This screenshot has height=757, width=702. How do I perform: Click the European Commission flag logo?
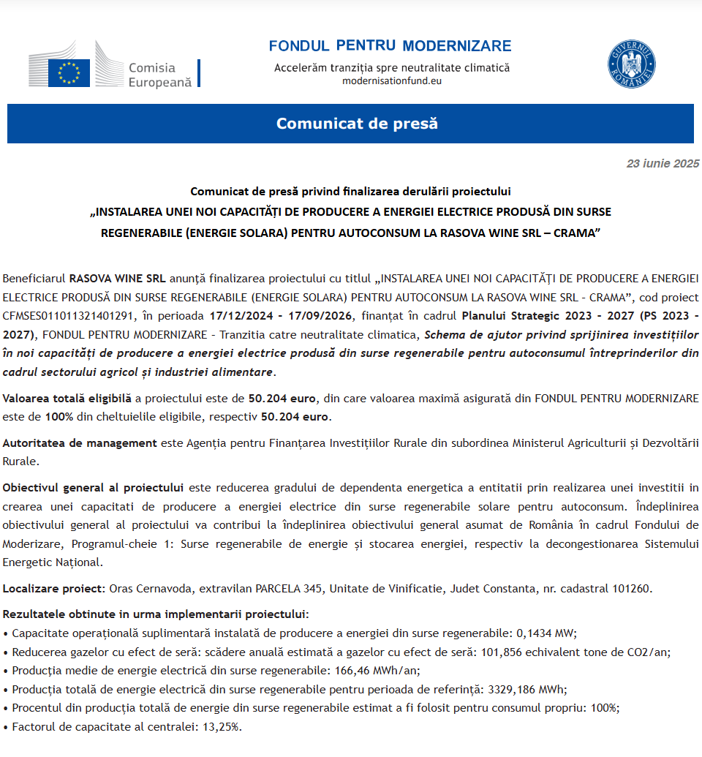click(x=69, y=72)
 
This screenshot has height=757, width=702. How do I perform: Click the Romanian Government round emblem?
click(x=632, y=64)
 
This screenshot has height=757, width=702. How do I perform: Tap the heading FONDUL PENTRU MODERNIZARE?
click(x=390, y=46)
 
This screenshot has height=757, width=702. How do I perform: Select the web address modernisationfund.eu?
click(x=392, y=80)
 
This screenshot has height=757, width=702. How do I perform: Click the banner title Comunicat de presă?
click(x=357, y=124)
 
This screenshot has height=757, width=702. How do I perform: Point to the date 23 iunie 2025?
click(x=663, y=164)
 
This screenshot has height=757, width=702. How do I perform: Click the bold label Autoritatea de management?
click(x=80, y=442)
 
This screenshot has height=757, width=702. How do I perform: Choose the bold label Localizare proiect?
click(x=54, y=588)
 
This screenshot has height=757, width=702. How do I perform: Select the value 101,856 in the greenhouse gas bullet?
click(x=505, y=652)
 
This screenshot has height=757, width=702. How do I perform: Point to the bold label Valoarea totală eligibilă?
click(x=67, y=399)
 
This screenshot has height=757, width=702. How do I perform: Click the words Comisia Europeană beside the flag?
click(x=160, y=75)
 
